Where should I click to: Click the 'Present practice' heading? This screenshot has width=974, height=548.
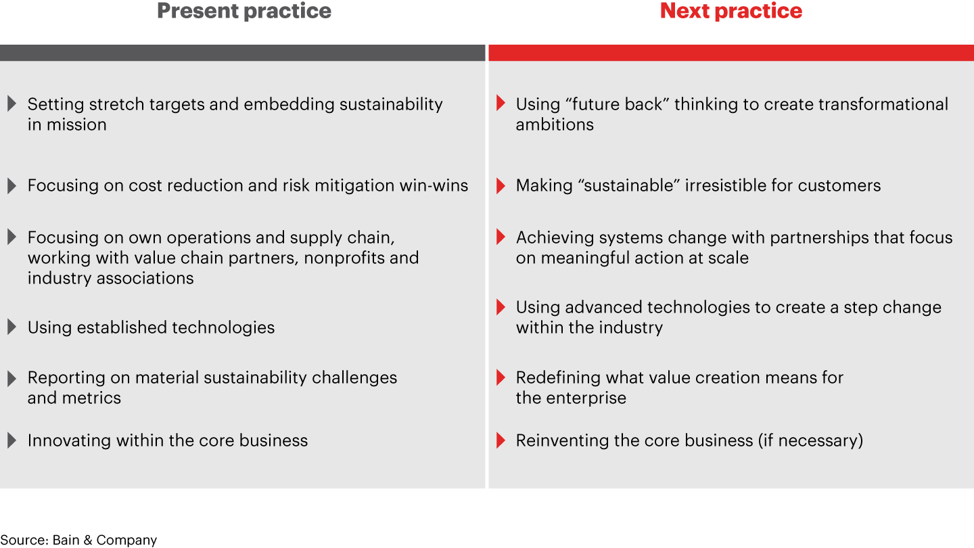tap(244, 12)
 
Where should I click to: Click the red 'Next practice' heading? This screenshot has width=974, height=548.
tap(731, 12)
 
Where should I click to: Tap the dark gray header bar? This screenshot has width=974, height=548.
tap(242, 53)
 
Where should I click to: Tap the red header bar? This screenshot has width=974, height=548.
tap(731, 53)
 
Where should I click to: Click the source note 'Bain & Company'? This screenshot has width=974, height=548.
tap(104, 540)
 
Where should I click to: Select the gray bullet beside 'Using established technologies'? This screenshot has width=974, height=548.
tap(11, 327)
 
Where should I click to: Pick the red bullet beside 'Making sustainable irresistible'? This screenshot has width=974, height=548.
tap(501, 185)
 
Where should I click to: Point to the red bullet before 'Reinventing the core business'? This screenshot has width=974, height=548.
tap(501, 440)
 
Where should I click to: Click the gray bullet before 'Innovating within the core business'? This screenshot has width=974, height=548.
tap(11, 440)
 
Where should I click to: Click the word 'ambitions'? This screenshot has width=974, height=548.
tap(555, 124)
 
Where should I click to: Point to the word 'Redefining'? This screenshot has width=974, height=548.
tap(558, 378)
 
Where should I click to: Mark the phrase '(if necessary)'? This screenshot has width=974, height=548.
tap(811, 441)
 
